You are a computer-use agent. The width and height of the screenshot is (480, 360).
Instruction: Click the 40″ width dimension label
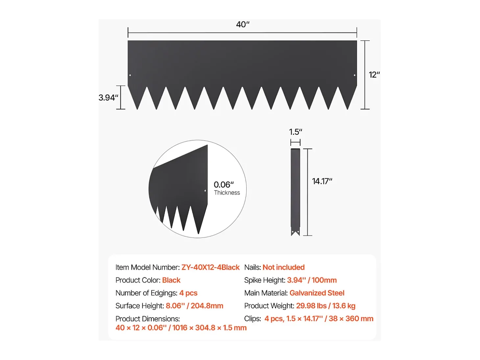click(243, 24)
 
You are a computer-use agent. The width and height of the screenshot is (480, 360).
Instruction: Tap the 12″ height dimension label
click(374, 75)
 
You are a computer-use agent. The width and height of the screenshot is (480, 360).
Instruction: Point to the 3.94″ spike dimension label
click(108, 98)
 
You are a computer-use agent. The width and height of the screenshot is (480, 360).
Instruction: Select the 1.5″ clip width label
click(296, 132)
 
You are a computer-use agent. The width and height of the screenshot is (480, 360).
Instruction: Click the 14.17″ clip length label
click(322, 181)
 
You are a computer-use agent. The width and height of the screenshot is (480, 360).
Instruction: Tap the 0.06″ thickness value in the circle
click(224, 185)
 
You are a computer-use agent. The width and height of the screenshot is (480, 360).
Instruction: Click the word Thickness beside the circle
click(227, 192)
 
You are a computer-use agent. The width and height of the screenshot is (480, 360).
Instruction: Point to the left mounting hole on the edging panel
click(130, 75)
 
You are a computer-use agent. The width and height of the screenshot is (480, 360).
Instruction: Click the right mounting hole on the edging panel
click(354, 75)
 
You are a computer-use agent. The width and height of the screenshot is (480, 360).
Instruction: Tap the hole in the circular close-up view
click(205, 191)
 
